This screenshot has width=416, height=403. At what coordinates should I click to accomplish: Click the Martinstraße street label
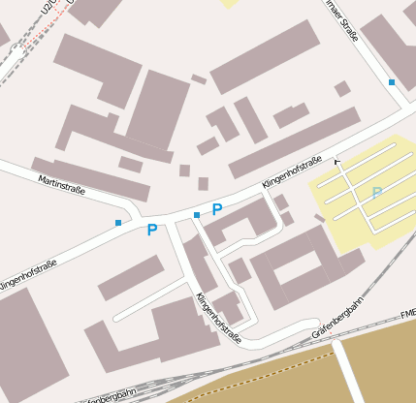(x=62, y=184)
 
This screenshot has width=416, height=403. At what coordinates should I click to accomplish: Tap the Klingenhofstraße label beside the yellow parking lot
(x=291, y=171)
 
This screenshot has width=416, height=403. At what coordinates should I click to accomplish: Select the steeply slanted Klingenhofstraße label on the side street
(x=218, y=319)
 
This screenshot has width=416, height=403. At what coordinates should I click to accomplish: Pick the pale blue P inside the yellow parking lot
(x=376, y=193)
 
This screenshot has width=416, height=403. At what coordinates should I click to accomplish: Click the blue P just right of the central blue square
(x=217, y=209)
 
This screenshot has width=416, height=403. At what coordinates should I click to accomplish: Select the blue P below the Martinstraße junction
(x=152, y=230)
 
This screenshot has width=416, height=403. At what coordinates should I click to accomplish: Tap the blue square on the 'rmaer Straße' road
(x=392, y=82)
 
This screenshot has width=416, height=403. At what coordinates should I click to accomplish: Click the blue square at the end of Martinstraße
(x=118, y=223)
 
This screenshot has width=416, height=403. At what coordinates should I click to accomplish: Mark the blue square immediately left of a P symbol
(x=197, y=214)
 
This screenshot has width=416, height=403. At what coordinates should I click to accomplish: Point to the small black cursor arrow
(x=337, y=162)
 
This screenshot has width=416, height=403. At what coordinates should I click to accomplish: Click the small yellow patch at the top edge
(x=229, y=3)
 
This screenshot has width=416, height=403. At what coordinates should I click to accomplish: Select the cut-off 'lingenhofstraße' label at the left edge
(x=26, y=273)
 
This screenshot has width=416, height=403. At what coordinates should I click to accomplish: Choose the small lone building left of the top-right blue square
(x=342, y=89)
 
